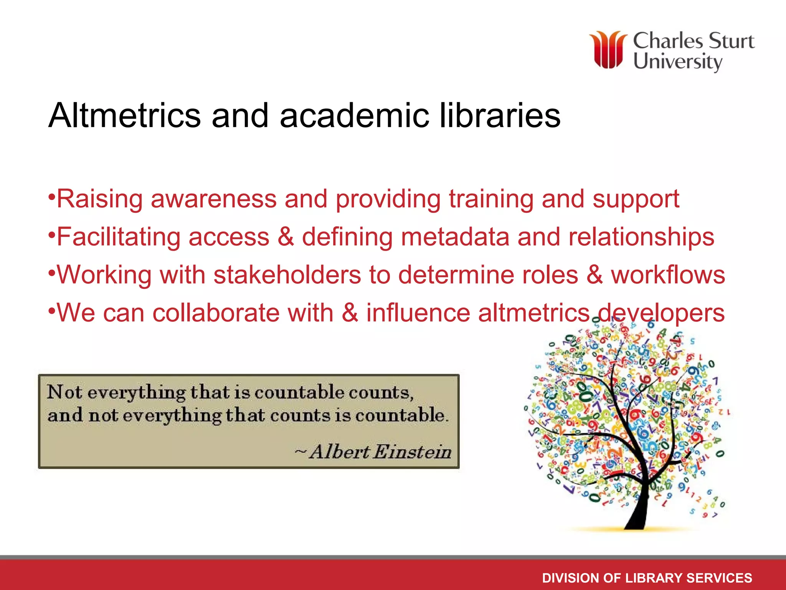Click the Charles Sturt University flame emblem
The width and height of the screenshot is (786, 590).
[x=608, y=50]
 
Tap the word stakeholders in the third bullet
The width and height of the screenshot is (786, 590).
[x=287, y=275]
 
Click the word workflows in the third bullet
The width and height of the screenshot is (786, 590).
[x=668, y=275]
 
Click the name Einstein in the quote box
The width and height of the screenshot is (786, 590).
[x=412, y=452]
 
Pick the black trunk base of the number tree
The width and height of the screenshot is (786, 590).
[x=637, y=519]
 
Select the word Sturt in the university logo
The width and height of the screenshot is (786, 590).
[x=731, y=41]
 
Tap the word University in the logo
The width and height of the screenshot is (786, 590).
[x=678, y=61]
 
